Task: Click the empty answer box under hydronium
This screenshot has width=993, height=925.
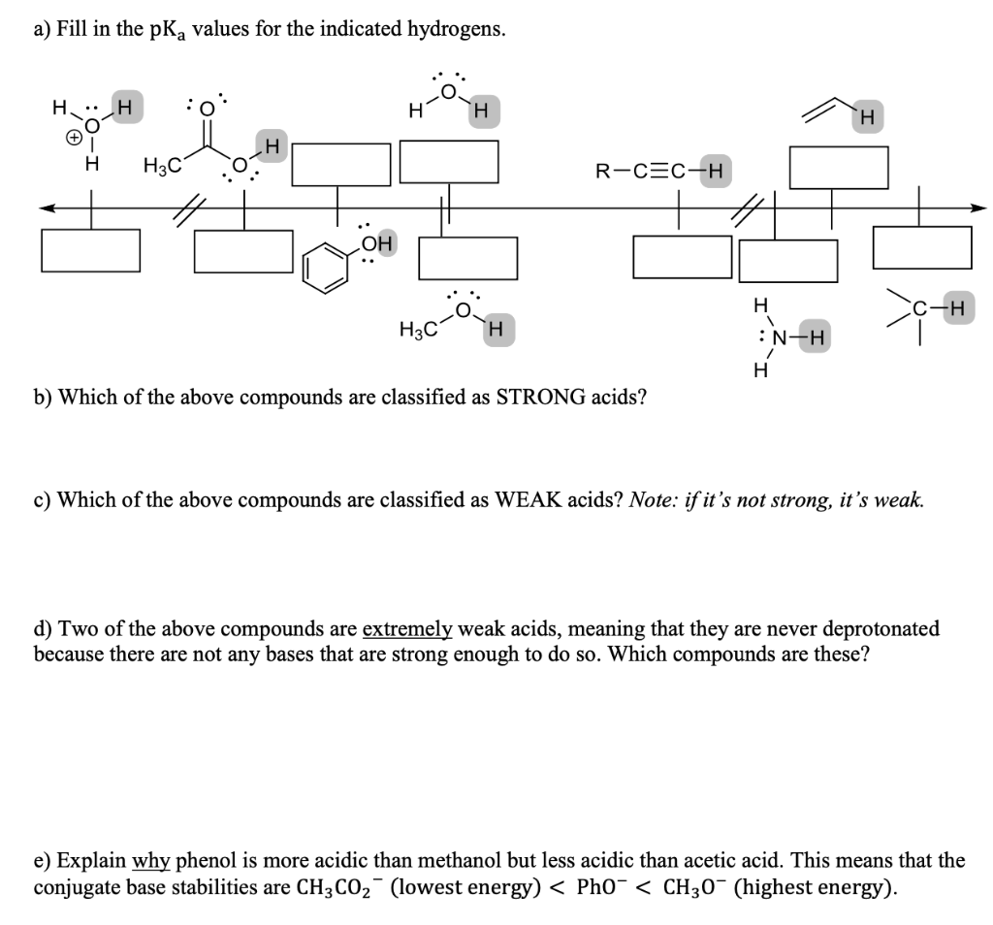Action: click(x=91, y=251)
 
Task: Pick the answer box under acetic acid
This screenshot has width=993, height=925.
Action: click(x=243, y=251)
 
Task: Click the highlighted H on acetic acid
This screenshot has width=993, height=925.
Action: click(x=271, y=147)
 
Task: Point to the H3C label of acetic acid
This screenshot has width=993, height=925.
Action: click(x=160, y=166)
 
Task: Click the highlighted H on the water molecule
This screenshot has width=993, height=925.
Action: click(x=480, y=112)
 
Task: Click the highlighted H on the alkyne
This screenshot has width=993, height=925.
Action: click(x=716, y=174)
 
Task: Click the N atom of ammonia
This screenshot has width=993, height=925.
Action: click(x=778, y=338)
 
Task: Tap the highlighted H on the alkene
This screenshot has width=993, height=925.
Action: click(x=867, y=117)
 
